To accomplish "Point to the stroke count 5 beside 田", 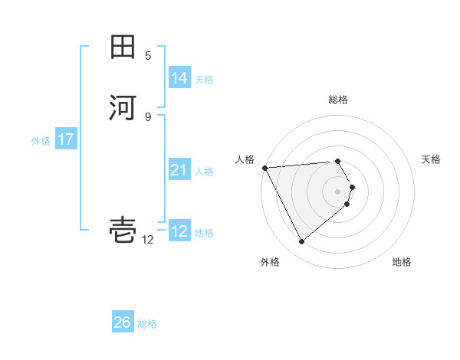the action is pos(148,56).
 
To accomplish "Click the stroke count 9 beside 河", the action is pos(148,116).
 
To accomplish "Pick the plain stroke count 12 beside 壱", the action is pos(148,240).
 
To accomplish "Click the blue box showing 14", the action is pos(179,78).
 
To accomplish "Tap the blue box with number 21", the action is pos(179,171).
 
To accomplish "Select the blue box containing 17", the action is pos(65,140).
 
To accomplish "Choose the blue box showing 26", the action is pos(123,323).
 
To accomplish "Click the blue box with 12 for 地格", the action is pos(179,231).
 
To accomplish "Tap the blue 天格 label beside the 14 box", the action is pos(204,80).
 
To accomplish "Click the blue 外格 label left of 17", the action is pos(41,141).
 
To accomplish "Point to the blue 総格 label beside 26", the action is pos(147,324).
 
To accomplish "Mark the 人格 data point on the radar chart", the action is pos(264,168).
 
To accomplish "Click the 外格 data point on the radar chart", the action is pos(301,242).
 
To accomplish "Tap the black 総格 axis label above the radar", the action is pos(337,100).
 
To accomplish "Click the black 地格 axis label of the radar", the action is pos(402,262).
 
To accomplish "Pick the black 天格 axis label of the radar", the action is pos(431,159).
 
